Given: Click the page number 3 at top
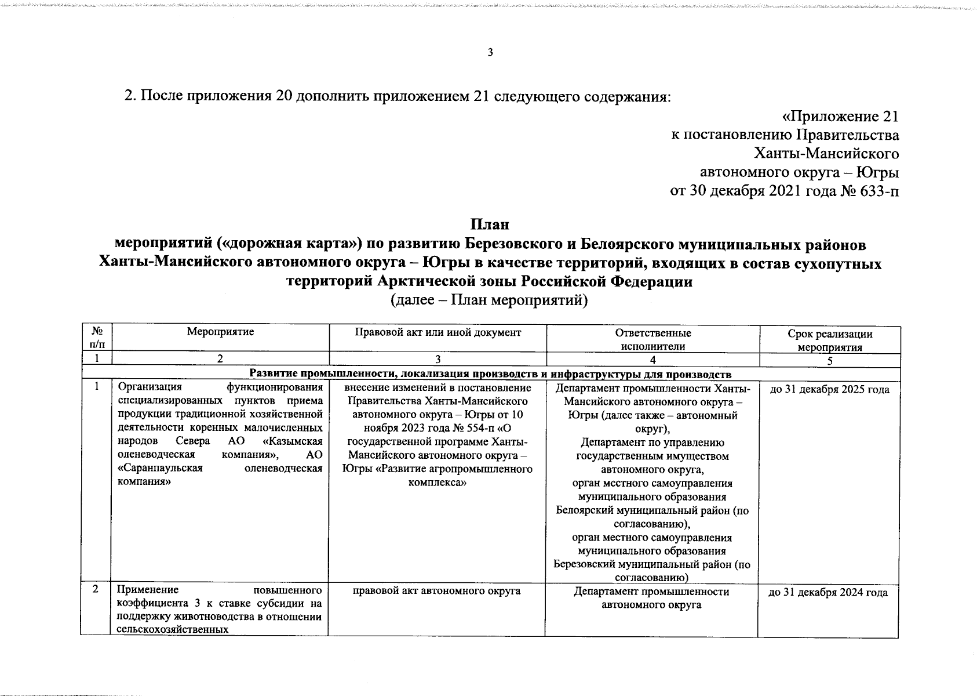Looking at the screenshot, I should point(490,53).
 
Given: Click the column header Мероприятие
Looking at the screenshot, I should point(220,332).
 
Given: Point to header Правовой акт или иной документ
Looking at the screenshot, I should point(438,332).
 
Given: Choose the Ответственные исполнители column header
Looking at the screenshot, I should point(652,340).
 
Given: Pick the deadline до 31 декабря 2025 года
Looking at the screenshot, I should point(829,390).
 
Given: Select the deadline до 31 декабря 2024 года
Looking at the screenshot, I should point(827,593).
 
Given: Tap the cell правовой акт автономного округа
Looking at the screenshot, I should point(436,591).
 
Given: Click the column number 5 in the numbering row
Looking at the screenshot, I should point(830,361).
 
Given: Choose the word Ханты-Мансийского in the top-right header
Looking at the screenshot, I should point(826,154).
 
